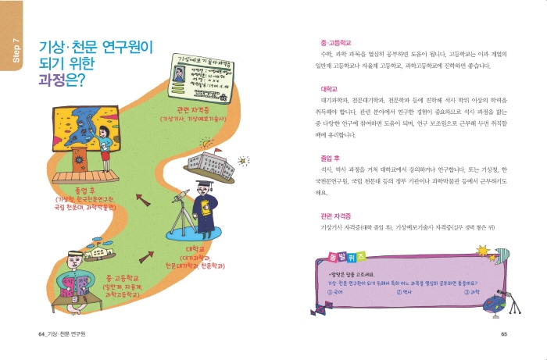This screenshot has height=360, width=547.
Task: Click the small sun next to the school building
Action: pyautogui.click(x=243, y=162)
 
